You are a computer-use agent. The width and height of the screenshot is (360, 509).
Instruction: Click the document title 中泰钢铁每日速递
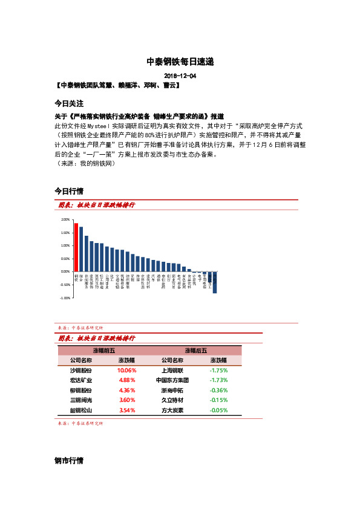coord(180,62)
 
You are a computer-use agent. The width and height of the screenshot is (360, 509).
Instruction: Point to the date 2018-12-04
coord(180,76)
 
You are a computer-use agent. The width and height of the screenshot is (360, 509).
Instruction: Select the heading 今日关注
coord(69,103)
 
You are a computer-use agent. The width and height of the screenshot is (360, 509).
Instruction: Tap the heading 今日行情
coord(69,191)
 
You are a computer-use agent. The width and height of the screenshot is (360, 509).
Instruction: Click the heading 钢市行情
coord(69,461)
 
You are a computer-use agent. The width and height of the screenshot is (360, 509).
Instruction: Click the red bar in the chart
coord(76,248)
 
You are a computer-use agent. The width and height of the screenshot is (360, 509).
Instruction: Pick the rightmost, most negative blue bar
coord(215,282)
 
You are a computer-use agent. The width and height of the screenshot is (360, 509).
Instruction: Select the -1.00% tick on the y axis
coord(64,298)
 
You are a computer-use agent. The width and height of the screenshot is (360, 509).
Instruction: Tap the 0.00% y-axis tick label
coord(65,272)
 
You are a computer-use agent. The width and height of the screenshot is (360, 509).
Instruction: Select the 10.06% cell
coord(127,370)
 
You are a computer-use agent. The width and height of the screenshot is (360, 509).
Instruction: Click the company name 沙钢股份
coord(81,370)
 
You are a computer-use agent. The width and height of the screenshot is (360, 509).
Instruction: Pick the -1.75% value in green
coord(218,370)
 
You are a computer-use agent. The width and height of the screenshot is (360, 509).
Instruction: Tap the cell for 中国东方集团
coord(172,380)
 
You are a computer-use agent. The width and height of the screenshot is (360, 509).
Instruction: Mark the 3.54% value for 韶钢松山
coord(127,410)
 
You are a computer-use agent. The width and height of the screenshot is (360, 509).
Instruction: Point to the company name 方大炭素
coord(172,410)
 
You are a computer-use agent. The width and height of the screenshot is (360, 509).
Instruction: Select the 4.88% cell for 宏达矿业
coord(127,380)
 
